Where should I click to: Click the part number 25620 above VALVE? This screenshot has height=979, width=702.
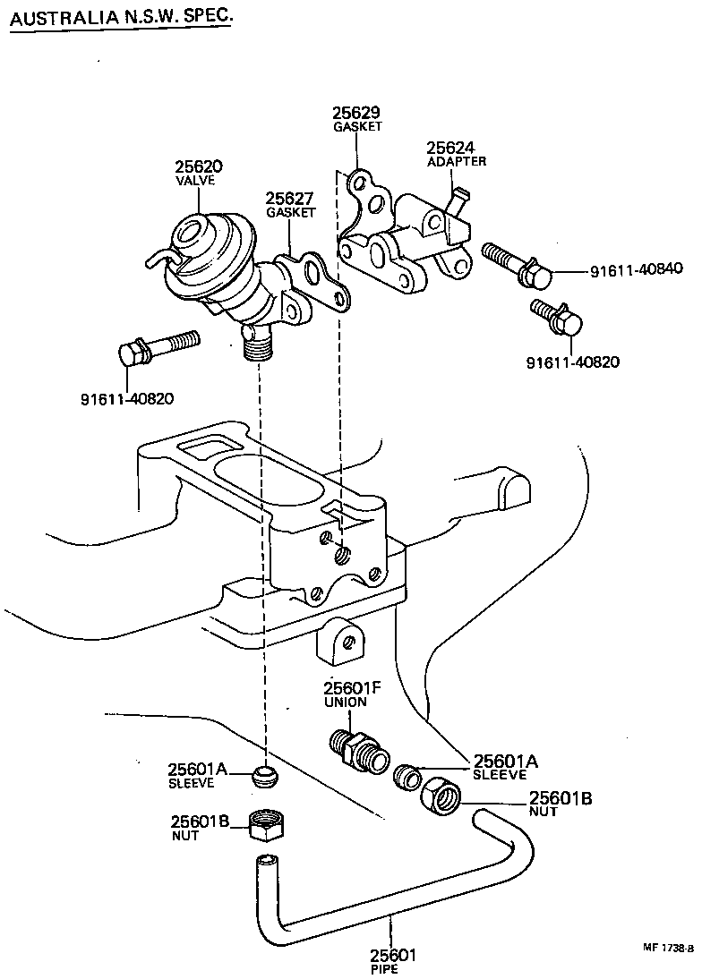tap(198, 167)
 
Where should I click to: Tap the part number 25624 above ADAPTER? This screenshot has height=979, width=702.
tap(449, 148)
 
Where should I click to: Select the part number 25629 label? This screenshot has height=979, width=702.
tap(356, 113)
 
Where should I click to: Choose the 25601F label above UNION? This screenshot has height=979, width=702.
tap(351, 688)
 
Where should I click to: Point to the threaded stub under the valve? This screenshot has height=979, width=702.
tap(255, 343)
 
